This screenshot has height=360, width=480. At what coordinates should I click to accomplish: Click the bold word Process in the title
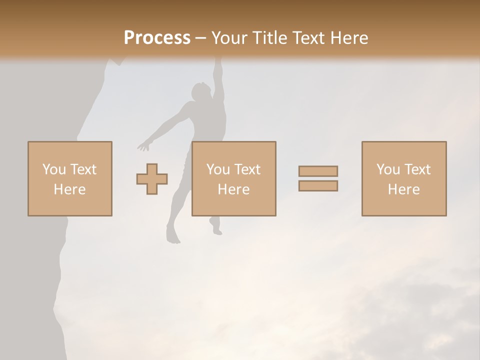pyautogui.click(x=157, y=38)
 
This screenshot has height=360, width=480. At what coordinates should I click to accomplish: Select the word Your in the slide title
pyautogui.click(x=230, y=38)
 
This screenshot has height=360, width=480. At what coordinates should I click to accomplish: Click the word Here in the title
pyautogui.click(x=348, y=38)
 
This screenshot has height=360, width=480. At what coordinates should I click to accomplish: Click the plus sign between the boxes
pyautogui.click(x=152, y=179)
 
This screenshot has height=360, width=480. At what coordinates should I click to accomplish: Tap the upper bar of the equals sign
pyautogui.click(x=318, y=171)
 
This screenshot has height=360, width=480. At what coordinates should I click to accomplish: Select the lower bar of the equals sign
pyautogui.click(x=318, y=185)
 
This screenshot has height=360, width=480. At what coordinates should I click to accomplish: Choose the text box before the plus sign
pyautogui.click(x=70, y=179)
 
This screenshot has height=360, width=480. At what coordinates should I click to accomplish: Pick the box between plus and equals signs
pyautogui.click(x=234, y=179)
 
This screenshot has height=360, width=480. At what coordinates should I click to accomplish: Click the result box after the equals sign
pyautogui.click(x=404, y=179)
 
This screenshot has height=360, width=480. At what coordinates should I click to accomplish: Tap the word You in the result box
pyautogui.click(x=388, y=169)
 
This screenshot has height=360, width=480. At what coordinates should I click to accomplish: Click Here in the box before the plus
pyautogui.click(x=70, y=189)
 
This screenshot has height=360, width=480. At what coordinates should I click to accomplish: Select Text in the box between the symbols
pyautogui.click(x=247, y=169)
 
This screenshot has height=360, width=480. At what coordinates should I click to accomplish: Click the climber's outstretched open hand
pyautogui.click(x=144, y=146)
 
